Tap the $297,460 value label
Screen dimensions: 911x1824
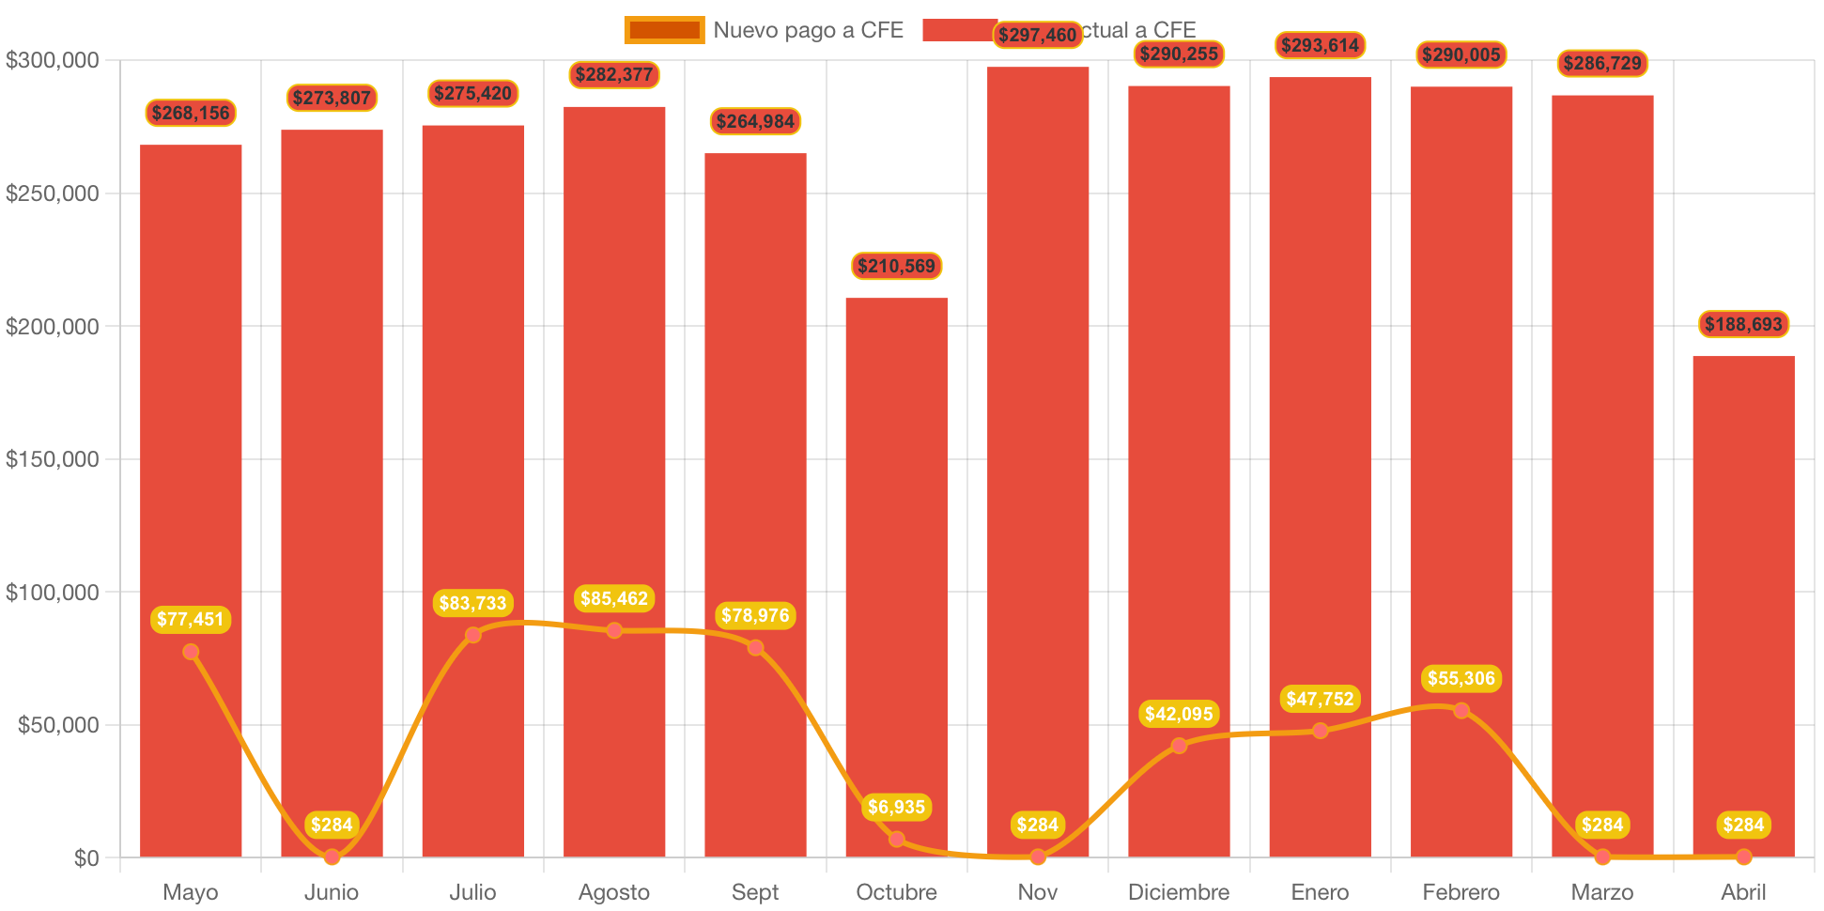pos(1037,35)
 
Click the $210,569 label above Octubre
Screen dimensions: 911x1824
pos(896,266)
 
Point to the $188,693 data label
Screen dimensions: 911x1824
pos(1743,324)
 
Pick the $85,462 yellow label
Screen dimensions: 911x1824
pos(614,598)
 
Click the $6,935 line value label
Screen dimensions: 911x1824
pos(896,807)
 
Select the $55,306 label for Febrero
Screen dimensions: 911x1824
pos(1461,678)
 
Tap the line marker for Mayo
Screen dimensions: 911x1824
pos(191,652)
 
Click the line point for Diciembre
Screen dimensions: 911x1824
pos(1179,746)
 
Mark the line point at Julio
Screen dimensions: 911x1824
pos(473,635)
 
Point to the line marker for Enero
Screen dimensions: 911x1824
pos(1320,731)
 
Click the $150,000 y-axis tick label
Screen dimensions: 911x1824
pos(53,459)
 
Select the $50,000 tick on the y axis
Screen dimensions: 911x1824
pos(58,725)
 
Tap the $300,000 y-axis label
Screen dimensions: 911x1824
pos(53,60)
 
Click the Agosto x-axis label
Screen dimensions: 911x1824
pos(614,891)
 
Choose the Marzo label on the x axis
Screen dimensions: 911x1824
pos(1602,891)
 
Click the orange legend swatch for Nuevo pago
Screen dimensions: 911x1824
pos(664,30)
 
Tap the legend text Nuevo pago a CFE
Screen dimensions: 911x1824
pos(808,30)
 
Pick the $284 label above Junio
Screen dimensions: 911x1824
pos(332,825)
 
